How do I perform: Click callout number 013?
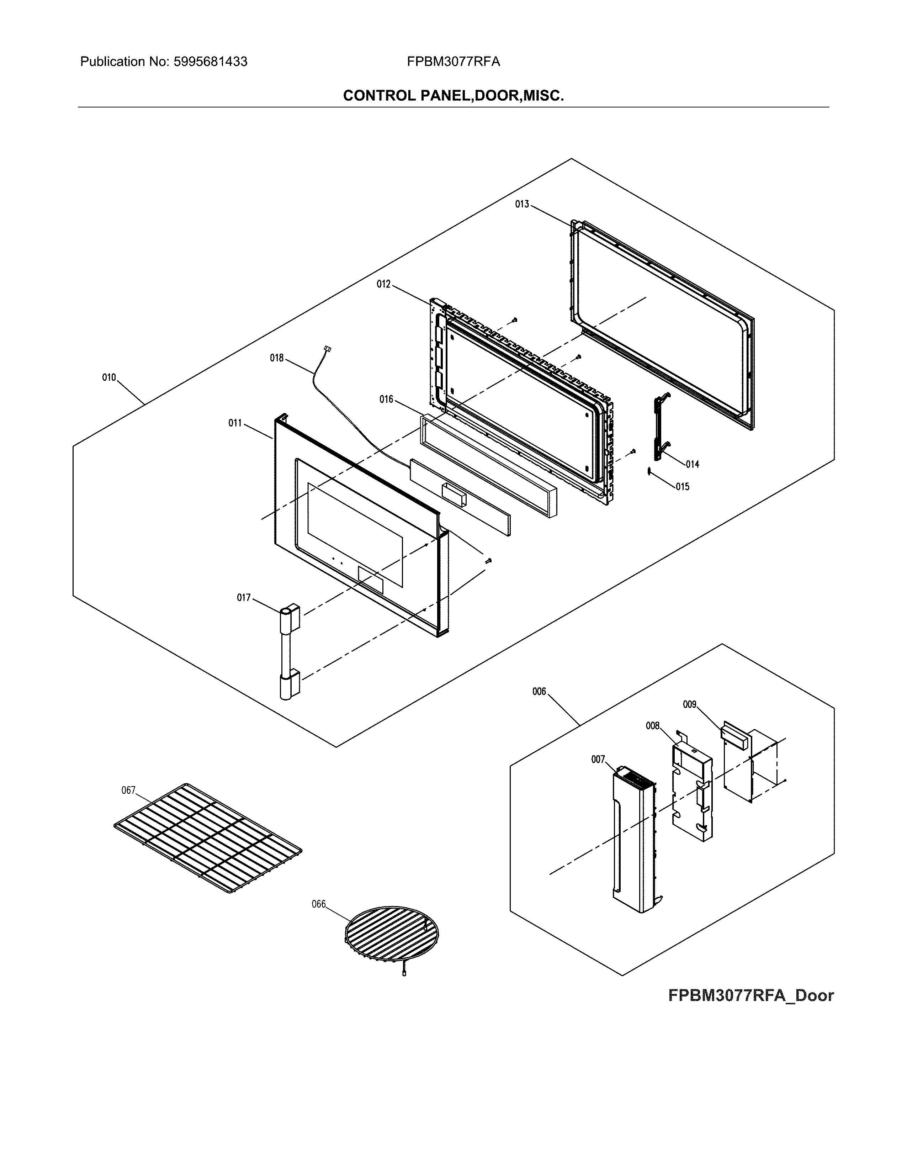522,204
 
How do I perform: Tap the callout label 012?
383,284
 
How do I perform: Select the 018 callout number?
276,358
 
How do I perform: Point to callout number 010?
109,378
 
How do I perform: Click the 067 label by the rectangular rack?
128,790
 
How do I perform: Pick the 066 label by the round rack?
319,904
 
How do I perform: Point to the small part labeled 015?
649,471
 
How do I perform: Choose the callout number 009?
689,704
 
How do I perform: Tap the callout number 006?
539,692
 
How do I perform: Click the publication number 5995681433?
210,62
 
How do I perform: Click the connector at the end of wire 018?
327,349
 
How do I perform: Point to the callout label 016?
386,400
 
